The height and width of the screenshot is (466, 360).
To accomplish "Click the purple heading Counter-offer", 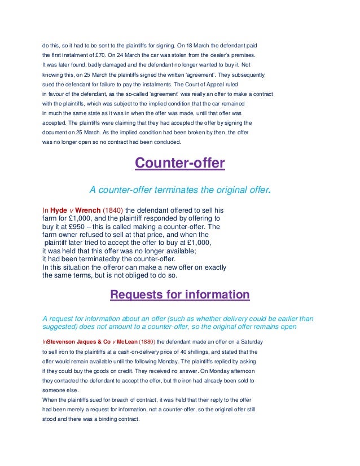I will pyautogui.click(x=179, y=164).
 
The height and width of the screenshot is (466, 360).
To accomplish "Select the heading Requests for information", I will pyautogui.click(x=179, y=294).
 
